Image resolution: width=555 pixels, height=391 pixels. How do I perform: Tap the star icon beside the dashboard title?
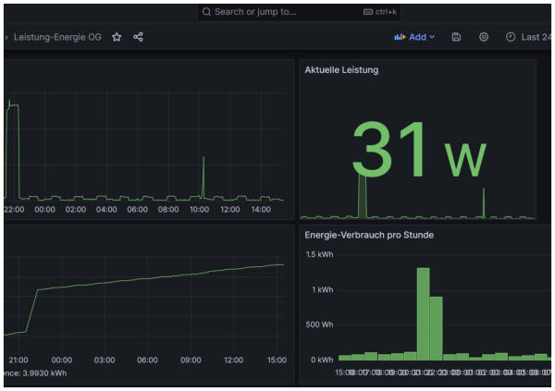[x=117, y=37]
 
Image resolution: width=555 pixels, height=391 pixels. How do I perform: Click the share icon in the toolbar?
[x=139, y=37]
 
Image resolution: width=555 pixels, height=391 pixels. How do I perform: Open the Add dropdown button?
[x=414, y=37]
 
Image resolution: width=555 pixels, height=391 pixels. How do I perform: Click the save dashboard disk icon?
[x=457, y=37]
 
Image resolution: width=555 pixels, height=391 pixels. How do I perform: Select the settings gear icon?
[x=484, y=37]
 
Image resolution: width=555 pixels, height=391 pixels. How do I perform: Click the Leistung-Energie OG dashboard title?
[x=57, y=37]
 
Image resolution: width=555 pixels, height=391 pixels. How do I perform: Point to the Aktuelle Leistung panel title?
[x=341, y=69]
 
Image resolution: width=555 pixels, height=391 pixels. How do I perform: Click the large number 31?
[x=389, y=149]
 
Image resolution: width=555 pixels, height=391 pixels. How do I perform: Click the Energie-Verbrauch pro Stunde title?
[x=369, y=235]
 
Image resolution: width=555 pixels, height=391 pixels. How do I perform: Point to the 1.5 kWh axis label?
[x=319, y=255]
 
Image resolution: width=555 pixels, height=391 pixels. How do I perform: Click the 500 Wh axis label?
[x=320, y=324]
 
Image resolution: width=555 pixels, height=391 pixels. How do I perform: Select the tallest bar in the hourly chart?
[x=423, y=313]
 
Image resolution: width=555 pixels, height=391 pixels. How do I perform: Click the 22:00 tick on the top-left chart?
[x=14, y=209]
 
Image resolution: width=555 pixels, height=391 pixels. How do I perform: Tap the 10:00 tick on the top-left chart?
[x=199, y=209]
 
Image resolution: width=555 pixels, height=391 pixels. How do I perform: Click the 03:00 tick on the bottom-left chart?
[x=105, y=360]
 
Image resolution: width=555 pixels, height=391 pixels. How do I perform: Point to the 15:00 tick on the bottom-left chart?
[x=276, y=360]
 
